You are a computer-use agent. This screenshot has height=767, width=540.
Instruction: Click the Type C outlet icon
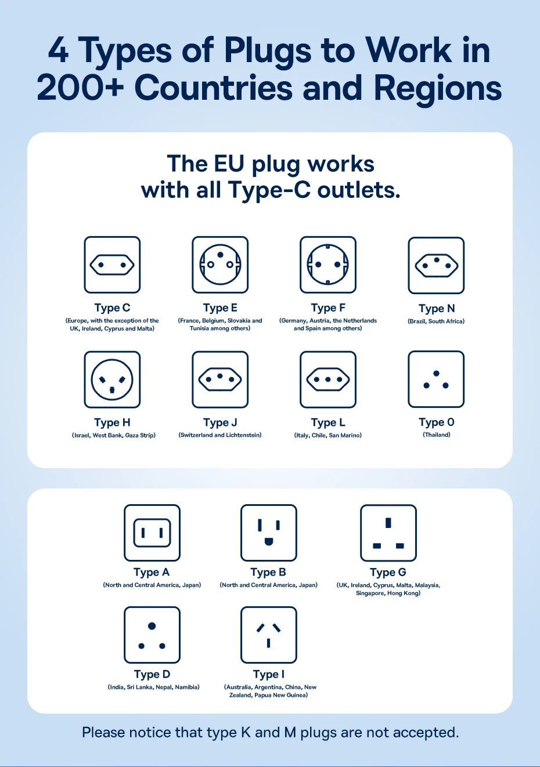112,265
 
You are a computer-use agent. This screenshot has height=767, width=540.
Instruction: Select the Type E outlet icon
220,265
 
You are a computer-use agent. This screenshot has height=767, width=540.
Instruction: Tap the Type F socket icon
328,265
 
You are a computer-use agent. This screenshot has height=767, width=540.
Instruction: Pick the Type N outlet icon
436,265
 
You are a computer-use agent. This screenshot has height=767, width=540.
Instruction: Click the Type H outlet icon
112,379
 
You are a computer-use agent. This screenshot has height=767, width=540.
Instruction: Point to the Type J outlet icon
220,379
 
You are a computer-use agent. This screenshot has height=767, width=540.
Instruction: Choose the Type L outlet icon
328,379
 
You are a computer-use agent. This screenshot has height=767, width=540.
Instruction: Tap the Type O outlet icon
436,379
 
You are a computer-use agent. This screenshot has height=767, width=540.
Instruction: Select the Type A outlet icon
152,533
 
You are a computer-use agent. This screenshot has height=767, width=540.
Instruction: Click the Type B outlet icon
269,533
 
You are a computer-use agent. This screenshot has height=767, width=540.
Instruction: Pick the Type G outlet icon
388,533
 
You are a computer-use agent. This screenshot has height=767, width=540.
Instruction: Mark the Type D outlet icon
152,635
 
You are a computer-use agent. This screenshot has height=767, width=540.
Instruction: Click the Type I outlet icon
269,635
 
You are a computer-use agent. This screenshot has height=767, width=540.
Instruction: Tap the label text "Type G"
388,572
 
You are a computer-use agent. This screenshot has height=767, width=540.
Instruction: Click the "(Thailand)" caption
437,435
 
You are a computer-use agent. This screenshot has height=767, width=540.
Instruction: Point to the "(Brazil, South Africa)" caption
436,321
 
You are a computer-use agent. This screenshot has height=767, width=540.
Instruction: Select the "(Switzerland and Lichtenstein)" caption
220,435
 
